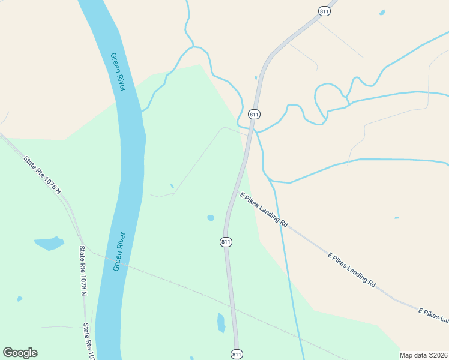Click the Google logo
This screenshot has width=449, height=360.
click(20, 352)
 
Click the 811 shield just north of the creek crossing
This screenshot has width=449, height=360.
click(254, 114)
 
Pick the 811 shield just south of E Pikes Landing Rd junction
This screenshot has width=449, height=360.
click(226, 242)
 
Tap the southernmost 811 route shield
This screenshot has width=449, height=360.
click(237, 354)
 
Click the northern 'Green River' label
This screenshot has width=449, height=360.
click(118, 72)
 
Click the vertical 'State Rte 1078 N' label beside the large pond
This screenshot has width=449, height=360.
click(83, 270)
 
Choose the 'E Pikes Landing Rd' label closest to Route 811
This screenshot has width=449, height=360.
click(264, 208)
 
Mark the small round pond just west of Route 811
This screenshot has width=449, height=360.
click(211, 218)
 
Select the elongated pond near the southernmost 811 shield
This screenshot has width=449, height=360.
click(221, 323)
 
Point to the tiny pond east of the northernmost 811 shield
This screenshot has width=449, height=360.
click(382, 12)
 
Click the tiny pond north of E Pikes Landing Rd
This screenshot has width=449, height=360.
click(397, 218)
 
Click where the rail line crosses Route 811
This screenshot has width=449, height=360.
click(231, 307)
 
